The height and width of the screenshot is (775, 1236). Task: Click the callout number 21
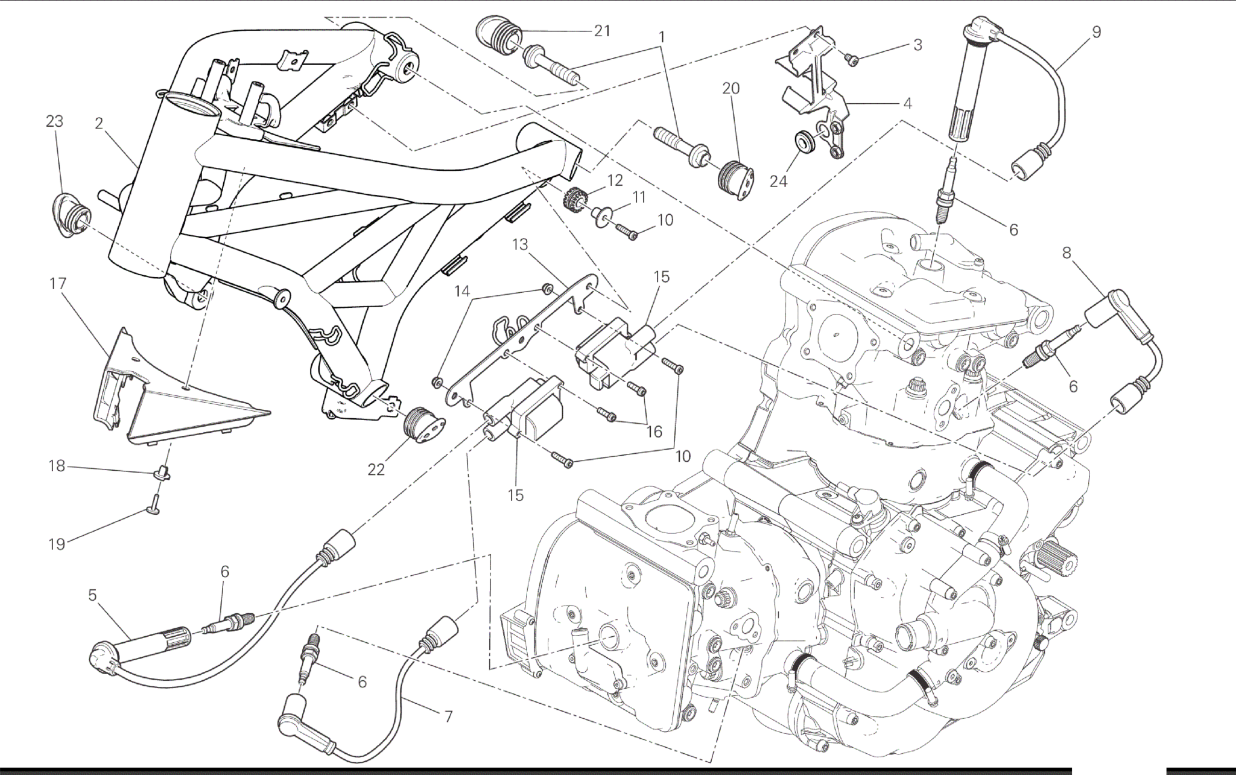tap(602, 31)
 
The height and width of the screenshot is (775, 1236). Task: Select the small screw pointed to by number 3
tap(852, 58)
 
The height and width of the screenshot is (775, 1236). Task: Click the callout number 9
tap(1096, 32)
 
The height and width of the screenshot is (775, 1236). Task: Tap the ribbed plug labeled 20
tap(734, 174)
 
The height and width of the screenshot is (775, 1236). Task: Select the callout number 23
tap(54, 121)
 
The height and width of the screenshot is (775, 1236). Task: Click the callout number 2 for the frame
tap(99, 124)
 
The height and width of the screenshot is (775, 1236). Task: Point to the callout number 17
tap(58, 283)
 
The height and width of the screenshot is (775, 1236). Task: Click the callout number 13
tap(520, 244)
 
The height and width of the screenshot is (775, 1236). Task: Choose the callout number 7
tap(448, 717)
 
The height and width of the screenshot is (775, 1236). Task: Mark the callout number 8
tap(1066, 253)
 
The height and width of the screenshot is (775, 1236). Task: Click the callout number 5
tap(92, 595)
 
